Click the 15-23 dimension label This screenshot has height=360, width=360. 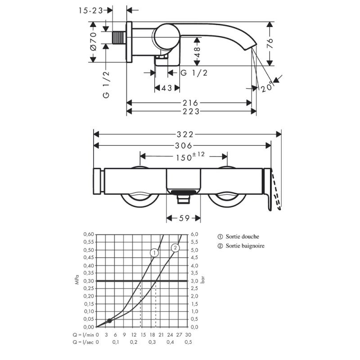coord(91,10)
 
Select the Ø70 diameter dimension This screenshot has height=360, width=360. coord(94,41)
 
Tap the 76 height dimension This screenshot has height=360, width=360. coord(270,43)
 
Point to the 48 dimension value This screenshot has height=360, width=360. coord(197,52)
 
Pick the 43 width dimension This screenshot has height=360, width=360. coord(166,88)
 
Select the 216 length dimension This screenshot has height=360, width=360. coord(190,103)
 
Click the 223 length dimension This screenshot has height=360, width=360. coord(191,111)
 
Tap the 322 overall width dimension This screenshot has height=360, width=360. coord(185,134)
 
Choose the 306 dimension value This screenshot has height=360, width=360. coord(184,145)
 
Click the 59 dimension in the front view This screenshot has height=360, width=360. coord(184,218)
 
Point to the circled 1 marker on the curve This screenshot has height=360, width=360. coord(154,253)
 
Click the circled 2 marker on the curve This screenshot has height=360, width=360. coord(175,248)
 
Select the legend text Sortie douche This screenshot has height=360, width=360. coord(243,237)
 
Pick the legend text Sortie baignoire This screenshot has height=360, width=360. coord(245,246)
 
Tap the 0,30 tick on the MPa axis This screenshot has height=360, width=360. coord(89,281)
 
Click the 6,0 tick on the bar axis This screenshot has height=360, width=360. coord(194,234)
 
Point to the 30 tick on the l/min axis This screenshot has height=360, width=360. coord(188,335)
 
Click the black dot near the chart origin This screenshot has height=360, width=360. coord(109,321)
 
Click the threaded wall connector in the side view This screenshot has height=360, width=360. coord(119,38)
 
